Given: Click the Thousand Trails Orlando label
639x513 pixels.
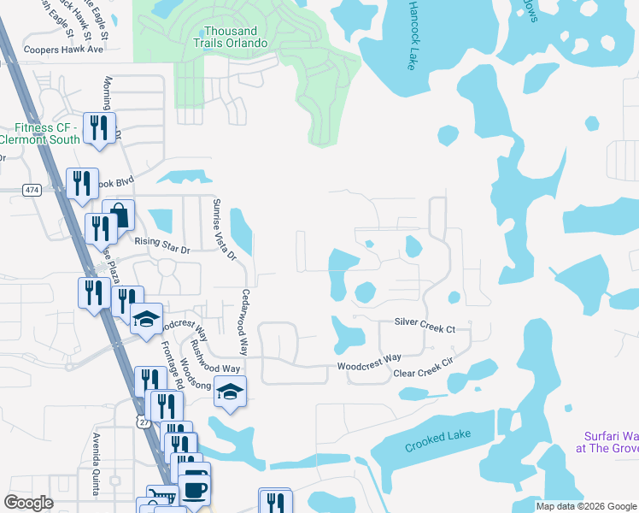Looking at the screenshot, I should [x=225, y=36].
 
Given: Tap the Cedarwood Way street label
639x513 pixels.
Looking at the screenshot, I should [x=243, y=321].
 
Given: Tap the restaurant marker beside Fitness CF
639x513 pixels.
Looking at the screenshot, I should [x=99, y=128].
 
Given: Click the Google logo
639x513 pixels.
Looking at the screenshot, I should [x=29, y=503].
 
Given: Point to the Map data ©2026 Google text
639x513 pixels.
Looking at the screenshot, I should [x=585, y=506].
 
